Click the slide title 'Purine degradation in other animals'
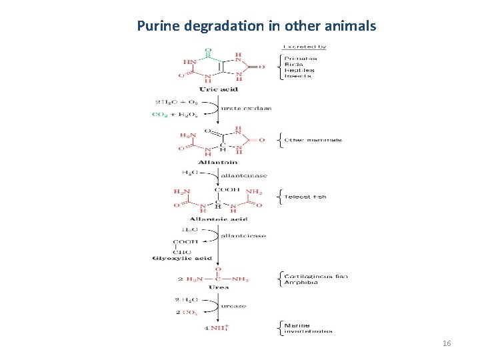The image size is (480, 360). (x=257, y=26)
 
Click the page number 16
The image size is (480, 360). (x=447, y=343)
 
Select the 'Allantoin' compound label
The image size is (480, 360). (x=217, y=162)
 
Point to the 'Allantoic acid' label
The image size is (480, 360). (x=218, y=219)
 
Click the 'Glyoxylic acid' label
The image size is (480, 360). (x=182, y=259)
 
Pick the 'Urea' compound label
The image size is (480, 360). (x=218, y=287)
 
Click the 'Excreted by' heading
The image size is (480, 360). (x=304, y=47)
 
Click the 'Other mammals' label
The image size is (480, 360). (x=313, y=140)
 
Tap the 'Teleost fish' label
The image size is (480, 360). (x=305, y=197)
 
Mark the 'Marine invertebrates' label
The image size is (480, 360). (x=308, y=328)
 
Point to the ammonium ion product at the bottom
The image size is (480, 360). (x=217, y=327)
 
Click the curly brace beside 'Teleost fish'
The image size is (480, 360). (x=279, y=197)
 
